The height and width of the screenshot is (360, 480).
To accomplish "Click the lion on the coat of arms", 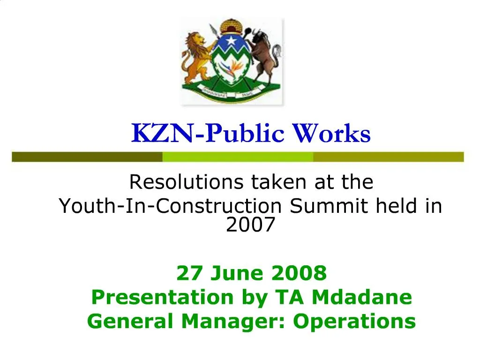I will (196, 56).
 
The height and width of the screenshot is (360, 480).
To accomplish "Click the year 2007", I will (250, 225).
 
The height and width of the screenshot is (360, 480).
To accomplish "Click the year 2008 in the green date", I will (303, 272).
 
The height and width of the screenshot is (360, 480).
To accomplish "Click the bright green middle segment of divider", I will (238, 157).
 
